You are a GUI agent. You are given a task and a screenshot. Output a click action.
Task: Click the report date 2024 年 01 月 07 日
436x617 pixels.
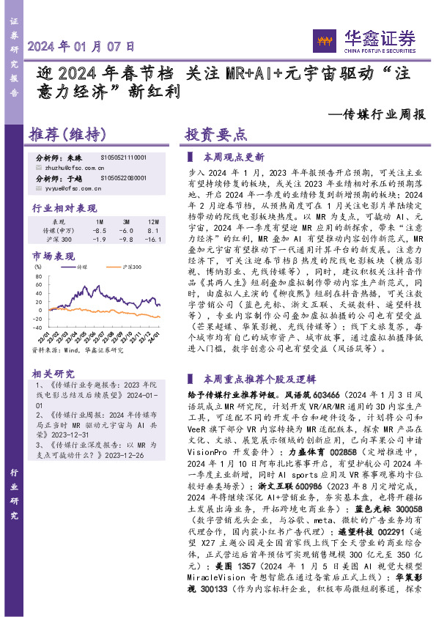point(81,45)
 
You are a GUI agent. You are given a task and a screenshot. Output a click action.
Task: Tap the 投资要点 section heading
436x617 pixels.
point(215,134)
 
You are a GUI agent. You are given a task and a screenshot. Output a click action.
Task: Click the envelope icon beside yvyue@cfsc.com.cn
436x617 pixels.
point(39,188)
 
